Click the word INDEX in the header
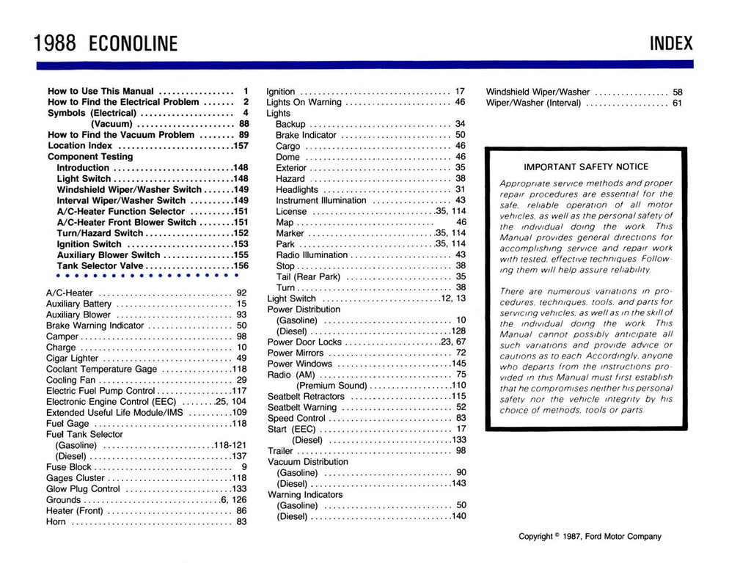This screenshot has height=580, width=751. pos(670,43)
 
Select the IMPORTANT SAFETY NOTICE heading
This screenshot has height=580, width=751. pos(586,166)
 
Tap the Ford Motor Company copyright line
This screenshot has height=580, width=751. pos(590,536)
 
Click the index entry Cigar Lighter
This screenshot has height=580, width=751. pos(72,358)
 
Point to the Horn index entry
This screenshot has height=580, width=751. pos(56,521)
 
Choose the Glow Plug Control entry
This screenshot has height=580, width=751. pos(83,488)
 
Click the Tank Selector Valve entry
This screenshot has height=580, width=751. pos(100,265)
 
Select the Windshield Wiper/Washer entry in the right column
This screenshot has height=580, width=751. pos(538,92)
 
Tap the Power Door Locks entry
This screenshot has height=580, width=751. pos(304,342)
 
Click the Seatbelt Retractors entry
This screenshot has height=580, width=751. pos(306,396)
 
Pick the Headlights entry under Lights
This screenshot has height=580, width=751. pos(297,189)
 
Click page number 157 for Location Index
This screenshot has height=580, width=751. pos(239,146)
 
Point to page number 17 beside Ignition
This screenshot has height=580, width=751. pos(461,92)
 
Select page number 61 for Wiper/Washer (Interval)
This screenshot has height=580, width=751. pos(677,103)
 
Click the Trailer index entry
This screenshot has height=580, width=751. pos(280,450)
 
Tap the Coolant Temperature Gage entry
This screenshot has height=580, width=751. pos(101,369)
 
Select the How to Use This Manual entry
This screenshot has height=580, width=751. pos(100,92)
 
